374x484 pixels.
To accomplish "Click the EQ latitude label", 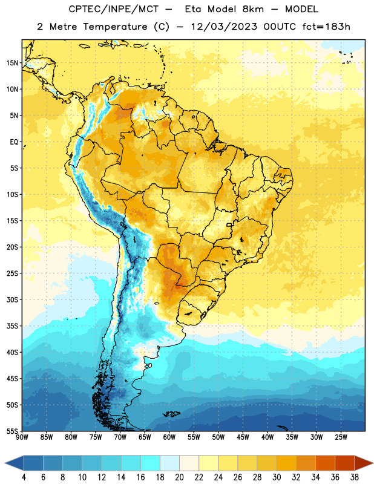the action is [14, 142].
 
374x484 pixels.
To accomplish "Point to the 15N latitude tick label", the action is [12, 63].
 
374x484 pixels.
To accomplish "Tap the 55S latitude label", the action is [12, 431].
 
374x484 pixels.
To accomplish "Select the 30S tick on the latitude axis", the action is [12, 299].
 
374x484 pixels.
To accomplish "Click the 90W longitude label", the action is [22, 437].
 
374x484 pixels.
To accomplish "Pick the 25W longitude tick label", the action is [341, 437].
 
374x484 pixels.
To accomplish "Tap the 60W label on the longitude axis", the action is [169, 437].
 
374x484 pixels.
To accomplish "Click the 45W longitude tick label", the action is [243, 437].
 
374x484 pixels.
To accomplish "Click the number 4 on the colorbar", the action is [24, 477].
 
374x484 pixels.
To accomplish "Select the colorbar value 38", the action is [355, 477].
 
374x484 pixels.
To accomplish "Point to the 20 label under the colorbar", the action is [179, 477].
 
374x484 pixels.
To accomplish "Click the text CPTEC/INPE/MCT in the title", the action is [113, 9].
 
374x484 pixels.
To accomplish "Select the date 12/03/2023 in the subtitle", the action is [223, 27].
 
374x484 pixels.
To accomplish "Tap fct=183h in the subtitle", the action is [326, 27].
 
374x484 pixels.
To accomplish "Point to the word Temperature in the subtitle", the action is [115, 27].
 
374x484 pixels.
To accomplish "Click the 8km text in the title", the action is [253, 9].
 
